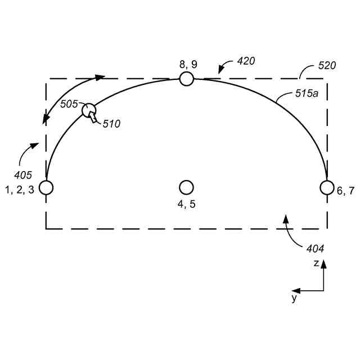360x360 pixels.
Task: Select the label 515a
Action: pyautogui.click(x=307, y=94)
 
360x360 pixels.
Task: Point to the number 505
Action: pyautogui.click(x=69, y=104)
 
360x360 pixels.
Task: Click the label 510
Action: pyautogui.click(x=111, y=123)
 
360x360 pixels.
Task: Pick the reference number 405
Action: pyautogui.click(x=23, y=175)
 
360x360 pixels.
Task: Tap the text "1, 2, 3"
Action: pyautogui.click(x=20, y=190)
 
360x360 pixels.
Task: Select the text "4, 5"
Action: pyautogui.click(x=187, y=204)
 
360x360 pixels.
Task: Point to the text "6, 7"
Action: pyautogui.click(x=345, y=191)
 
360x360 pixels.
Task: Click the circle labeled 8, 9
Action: pyautogui.click(x=187, y=79)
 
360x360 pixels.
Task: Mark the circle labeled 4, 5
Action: pyautogui.click(x=187, y=187)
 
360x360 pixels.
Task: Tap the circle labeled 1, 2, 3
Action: pyautogui.click(x=46, y=187)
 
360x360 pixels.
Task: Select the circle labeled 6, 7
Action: pyautogui.click(x=327, y=187)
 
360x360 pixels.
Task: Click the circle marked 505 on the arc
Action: pyautogui.click(x=89, y=110)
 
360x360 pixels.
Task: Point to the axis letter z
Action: pyautogui.click(x=317, y=263)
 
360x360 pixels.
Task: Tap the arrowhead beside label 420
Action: pyautogui.click(x=220, y=70)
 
